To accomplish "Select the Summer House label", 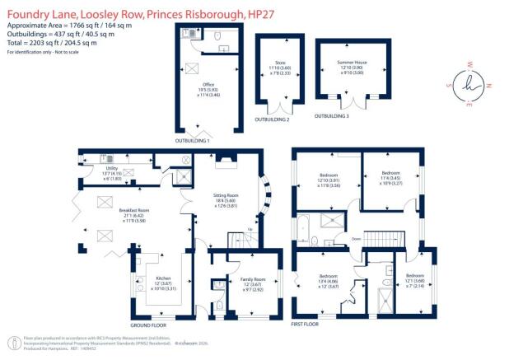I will pyautogui.click(x=350, y=63).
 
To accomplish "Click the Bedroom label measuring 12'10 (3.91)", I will pyautogui.click(x=329, y=175).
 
